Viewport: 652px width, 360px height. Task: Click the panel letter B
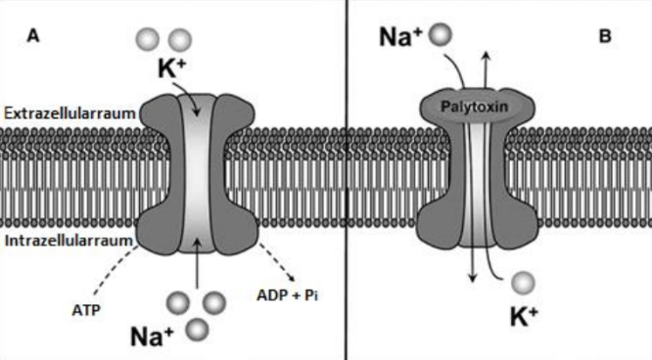(605, 37)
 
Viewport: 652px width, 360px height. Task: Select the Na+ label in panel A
(153, 336)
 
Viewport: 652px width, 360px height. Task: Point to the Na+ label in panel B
(401, 39)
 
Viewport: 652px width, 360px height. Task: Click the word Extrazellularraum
(62, 114)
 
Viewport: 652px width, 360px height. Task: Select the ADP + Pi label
(287, 291)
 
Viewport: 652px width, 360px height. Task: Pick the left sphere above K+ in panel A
(146, 39)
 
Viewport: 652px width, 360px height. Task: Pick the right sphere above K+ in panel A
(179, 39)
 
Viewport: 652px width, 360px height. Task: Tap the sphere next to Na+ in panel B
(442, 35)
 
